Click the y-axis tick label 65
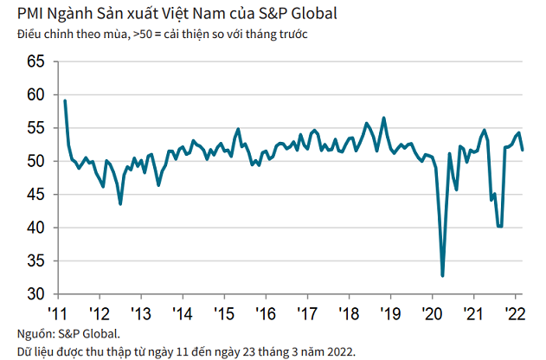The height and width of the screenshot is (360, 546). click(35, 62)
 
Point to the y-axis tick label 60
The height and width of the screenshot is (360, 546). click(35, 95)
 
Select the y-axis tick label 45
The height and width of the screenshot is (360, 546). click(35, 196)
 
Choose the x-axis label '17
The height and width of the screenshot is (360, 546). click(308, 312)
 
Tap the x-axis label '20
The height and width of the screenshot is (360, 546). click(431, 312)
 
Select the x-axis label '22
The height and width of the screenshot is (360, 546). click(514, 312)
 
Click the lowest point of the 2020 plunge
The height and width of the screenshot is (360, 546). click(442, 276)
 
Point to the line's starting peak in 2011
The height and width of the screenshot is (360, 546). click(65, 101)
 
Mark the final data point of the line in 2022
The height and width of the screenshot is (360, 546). click(522, 150)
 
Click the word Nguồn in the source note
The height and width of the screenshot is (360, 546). click(35, 334)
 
